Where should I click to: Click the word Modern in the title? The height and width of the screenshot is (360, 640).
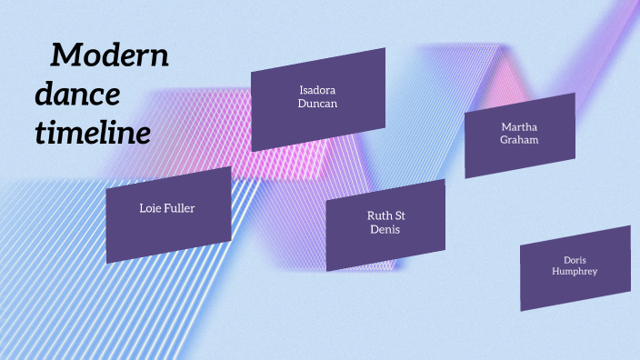coord(110,55)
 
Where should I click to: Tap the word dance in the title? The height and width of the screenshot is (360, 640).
coord(78,95)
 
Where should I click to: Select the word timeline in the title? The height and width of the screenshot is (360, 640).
coord(93,134)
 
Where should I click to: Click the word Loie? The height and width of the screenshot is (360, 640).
coord(150,208)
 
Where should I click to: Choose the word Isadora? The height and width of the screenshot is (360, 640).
coord(317,90)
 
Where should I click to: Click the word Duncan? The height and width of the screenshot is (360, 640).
coord(317,104)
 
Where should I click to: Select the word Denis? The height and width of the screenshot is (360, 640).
coord(385,229)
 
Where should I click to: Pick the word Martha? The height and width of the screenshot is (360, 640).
coord(519,126)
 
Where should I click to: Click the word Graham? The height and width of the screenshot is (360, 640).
coord(519,140)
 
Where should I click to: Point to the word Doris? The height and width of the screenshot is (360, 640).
coord(575,259)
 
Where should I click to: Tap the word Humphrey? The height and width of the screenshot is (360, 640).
coord(575,271)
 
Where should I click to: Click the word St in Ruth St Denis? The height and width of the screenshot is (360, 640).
coord(399,215)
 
